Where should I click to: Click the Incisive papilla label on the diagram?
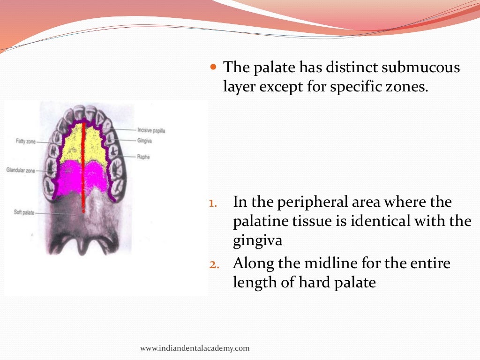click(x=151, y=130)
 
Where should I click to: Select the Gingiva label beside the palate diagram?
click(x=145, y=140)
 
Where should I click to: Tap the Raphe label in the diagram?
click(x=143, y=157)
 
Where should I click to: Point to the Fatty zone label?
click(x=26, y=141)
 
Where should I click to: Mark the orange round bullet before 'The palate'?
click(x=213, y=67)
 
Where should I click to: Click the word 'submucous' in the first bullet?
click(x=421, y=67)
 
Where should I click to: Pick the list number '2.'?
click(x=213, y=264)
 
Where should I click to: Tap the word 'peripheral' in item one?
click(x=310, y=202)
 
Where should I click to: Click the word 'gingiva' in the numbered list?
click(x=257, y=241)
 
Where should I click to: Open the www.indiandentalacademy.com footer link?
click(x=195, y=348)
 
